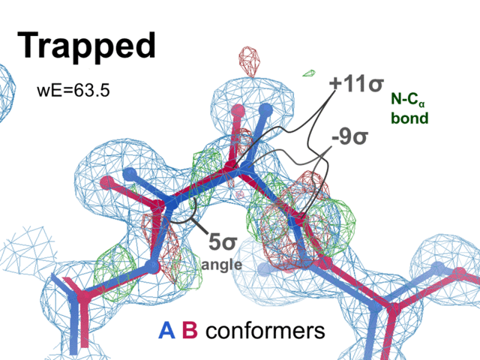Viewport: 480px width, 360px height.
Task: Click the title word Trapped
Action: pos(86,46)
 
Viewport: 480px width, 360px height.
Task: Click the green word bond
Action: pos(409,118)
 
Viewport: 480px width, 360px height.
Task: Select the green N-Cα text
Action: pos(409,100)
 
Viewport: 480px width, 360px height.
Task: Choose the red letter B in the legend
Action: pos(190,331)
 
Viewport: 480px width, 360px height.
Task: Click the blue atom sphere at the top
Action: pos(263,109)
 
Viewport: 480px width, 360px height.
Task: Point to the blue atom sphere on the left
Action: pos(130,175)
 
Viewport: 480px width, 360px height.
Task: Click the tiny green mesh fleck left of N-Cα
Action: pos(307,73)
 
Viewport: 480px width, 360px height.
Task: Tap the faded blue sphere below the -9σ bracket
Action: pos(263,268)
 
